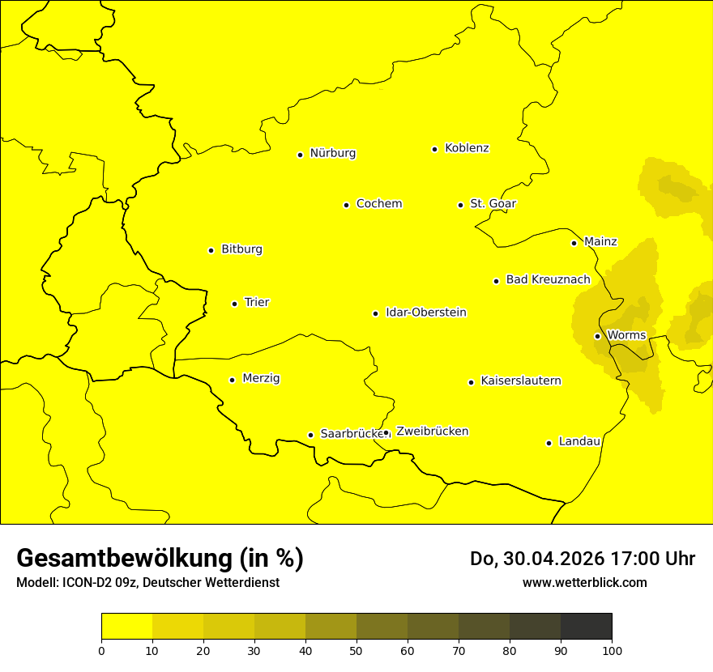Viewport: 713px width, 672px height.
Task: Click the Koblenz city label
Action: [x=467, y=148]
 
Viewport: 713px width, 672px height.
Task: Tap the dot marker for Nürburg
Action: [x=300, y=155]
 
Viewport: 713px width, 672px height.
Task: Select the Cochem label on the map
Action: [x=378, y=204]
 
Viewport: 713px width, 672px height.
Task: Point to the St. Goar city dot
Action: [x=460, y=205]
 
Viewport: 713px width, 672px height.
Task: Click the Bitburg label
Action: [x=241, y=249]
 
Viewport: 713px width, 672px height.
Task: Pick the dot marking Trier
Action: [x=234, y=304]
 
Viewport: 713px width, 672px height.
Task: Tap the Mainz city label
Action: [x=600, y=241]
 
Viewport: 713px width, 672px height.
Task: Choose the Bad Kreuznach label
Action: [x=548, y=279]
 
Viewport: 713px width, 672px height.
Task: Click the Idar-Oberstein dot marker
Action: [x=375, y=313]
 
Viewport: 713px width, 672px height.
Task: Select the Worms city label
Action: [x=626, y=335]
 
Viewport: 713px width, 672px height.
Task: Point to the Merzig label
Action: [x=261, y=378]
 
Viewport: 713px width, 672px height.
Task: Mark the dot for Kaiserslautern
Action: [x=471, y=382]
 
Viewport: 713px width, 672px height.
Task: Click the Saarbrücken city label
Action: [x=351, y=434]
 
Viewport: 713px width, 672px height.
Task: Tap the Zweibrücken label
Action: [x=432, y=432]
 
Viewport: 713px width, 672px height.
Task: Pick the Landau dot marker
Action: [x=549, y=443]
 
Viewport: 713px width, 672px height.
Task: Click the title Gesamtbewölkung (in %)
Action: [x=160, y=559]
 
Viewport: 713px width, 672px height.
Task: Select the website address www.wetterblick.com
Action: [x=584, y=583]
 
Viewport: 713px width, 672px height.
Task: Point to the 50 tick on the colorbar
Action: [x=356, y=649]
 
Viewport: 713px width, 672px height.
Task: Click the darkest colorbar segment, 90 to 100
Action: [x=586, y=626]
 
